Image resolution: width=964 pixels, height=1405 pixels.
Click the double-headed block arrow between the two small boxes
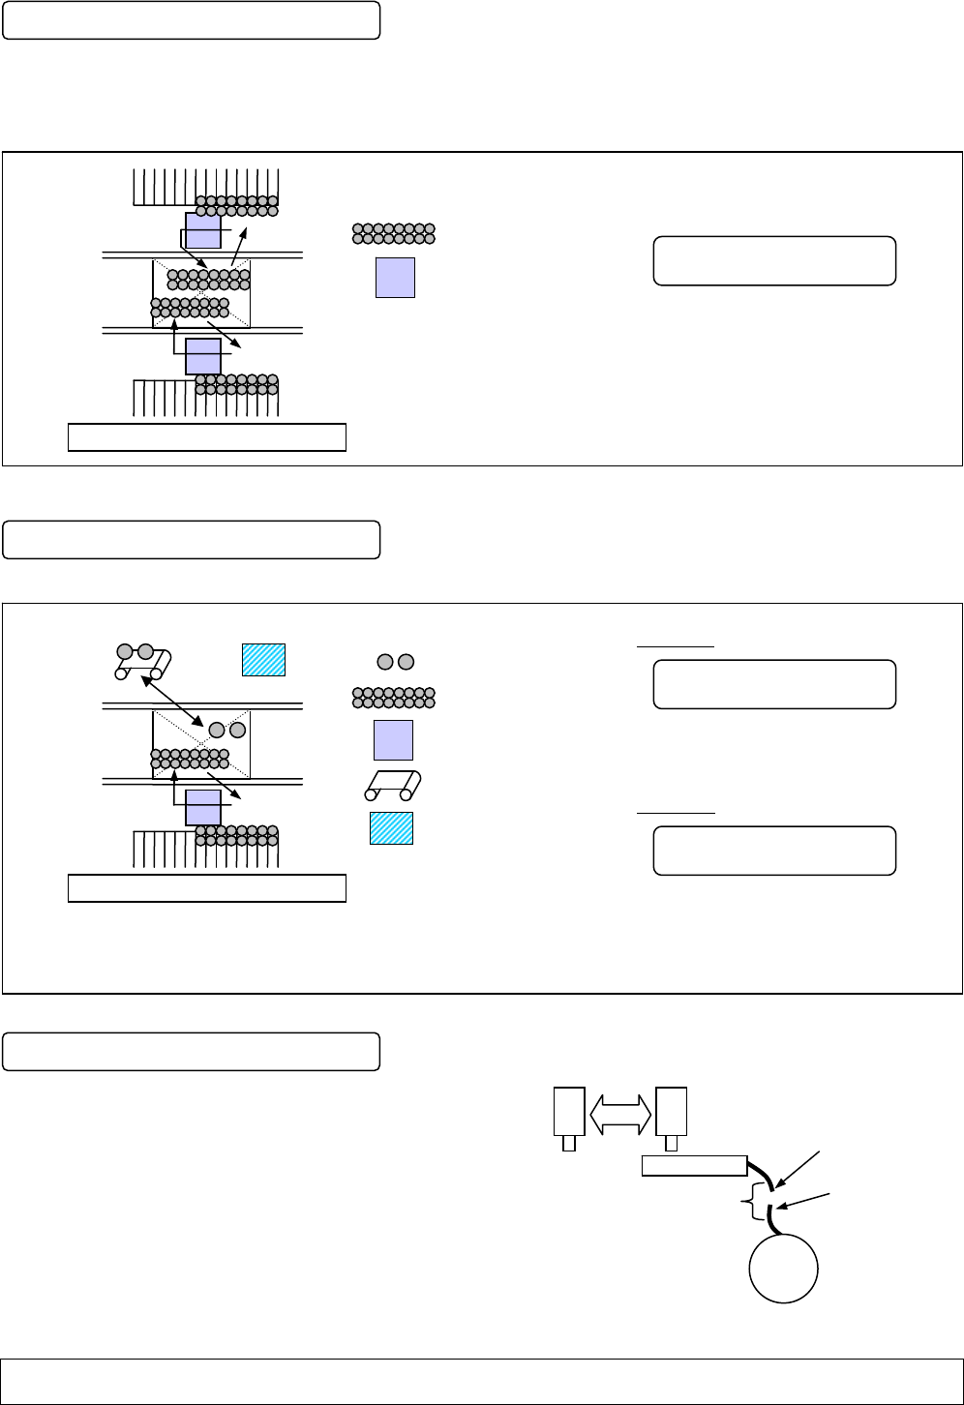pyautogui.click(x=620, y=1114)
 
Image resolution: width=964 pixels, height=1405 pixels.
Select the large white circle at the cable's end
pyautogui.click(x=784, y=1269)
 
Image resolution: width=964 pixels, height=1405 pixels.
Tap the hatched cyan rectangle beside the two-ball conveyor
pyautogui.click(x=263, y=659)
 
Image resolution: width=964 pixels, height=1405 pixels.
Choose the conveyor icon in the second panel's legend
pyautogui.click(x=393, y=785)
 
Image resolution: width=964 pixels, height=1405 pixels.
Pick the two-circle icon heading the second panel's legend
pyautogui.click(x=395, y=662)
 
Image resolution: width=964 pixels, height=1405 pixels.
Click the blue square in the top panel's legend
pyautogui.click(x=395, y=278)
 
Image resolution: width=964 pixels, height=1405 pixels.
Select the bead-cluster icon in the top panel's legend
pyautogui.click(x=394, y=233)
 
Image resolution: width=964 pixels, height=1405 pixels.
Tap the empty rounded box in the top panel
pyautogui.click(x=774, y=260)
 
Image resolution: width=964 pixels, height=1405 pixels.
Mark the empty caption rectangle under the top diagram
pyautogui.click(x=207, y=436)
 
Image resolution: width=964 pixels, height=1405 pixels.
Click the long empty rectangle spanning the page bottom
pyautogui.click(x=482, y=1382)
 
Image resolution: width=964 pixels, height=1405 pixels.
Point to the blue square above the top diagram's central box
pyautogui.click(x=203, y=230)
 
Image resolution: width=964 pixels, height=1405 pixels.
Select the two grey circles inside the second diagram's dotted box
pyautogui.click(x=227, y=730)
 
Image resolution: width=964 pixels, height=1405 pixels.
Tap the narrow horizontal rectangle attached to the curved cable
pyautogui.click(x=694, y=1166)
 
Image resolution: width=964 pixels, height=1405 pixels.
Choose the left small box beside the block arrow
pyautogui.click(x=569, y=1112)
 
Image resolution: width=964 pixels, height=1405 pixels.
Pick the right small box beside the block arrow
pyautogui.click(x=671, y=1112)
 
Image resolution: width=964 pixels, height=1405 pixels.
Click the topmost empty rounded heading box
pyautogui.click(x=191, y=20)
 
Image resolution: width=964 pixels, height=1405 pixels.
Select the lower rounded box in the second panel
pyautogui.click(x=774, y=851)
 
